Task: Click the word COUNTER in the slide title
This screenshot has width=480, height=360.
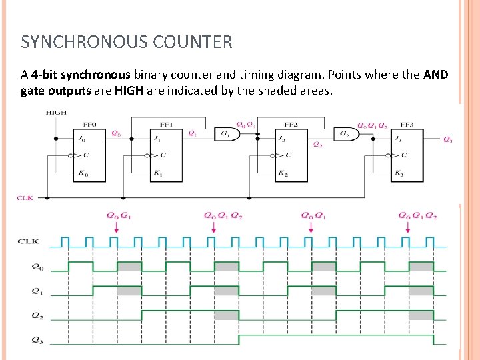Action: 193,43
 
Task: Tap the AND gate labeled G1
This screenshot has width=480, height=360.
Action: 227,134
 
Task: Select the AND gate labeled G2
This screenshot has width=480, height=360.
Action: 347,134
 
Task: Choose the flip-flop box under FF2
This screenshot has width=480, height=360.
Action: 291,155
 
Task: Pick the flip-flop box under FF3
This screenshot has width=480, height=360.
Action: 407,155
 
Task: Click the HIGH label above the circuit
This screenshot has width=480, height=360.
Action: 56,113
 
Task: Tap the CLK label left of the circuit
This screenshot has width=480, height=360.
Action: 25,198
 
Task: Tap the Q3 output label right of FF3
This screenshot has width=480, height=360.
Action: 447,139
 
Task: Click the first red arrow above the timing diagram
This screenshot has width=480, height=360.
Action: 117,227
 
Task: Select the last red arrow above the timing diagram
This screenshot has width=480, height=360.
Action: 408,227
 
